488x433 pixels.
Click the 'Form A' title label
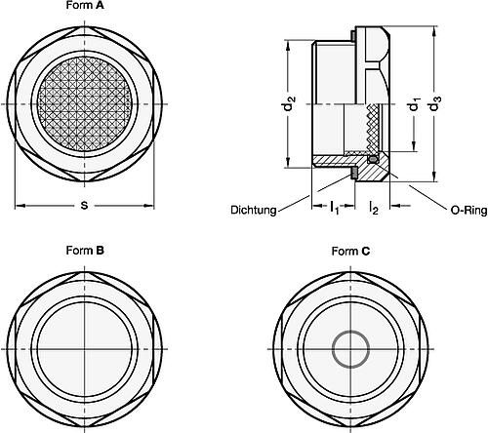[x=86, y=6]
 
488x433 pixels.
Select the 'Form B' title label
[x=86, y=251]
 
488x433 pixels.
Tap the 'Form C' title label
[x=350, y=251]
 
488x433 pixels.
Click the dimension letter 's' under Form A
[x=85, y=205]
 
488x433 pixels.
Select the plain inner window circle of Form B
[x=85, y=346]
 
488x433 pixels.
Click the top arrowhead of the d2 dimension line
[x=291, y=43]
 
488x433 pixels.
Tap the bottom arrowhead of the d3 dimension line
[x=434, y=180]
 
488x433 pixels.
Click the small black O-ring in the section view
[x=372, y=158]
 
